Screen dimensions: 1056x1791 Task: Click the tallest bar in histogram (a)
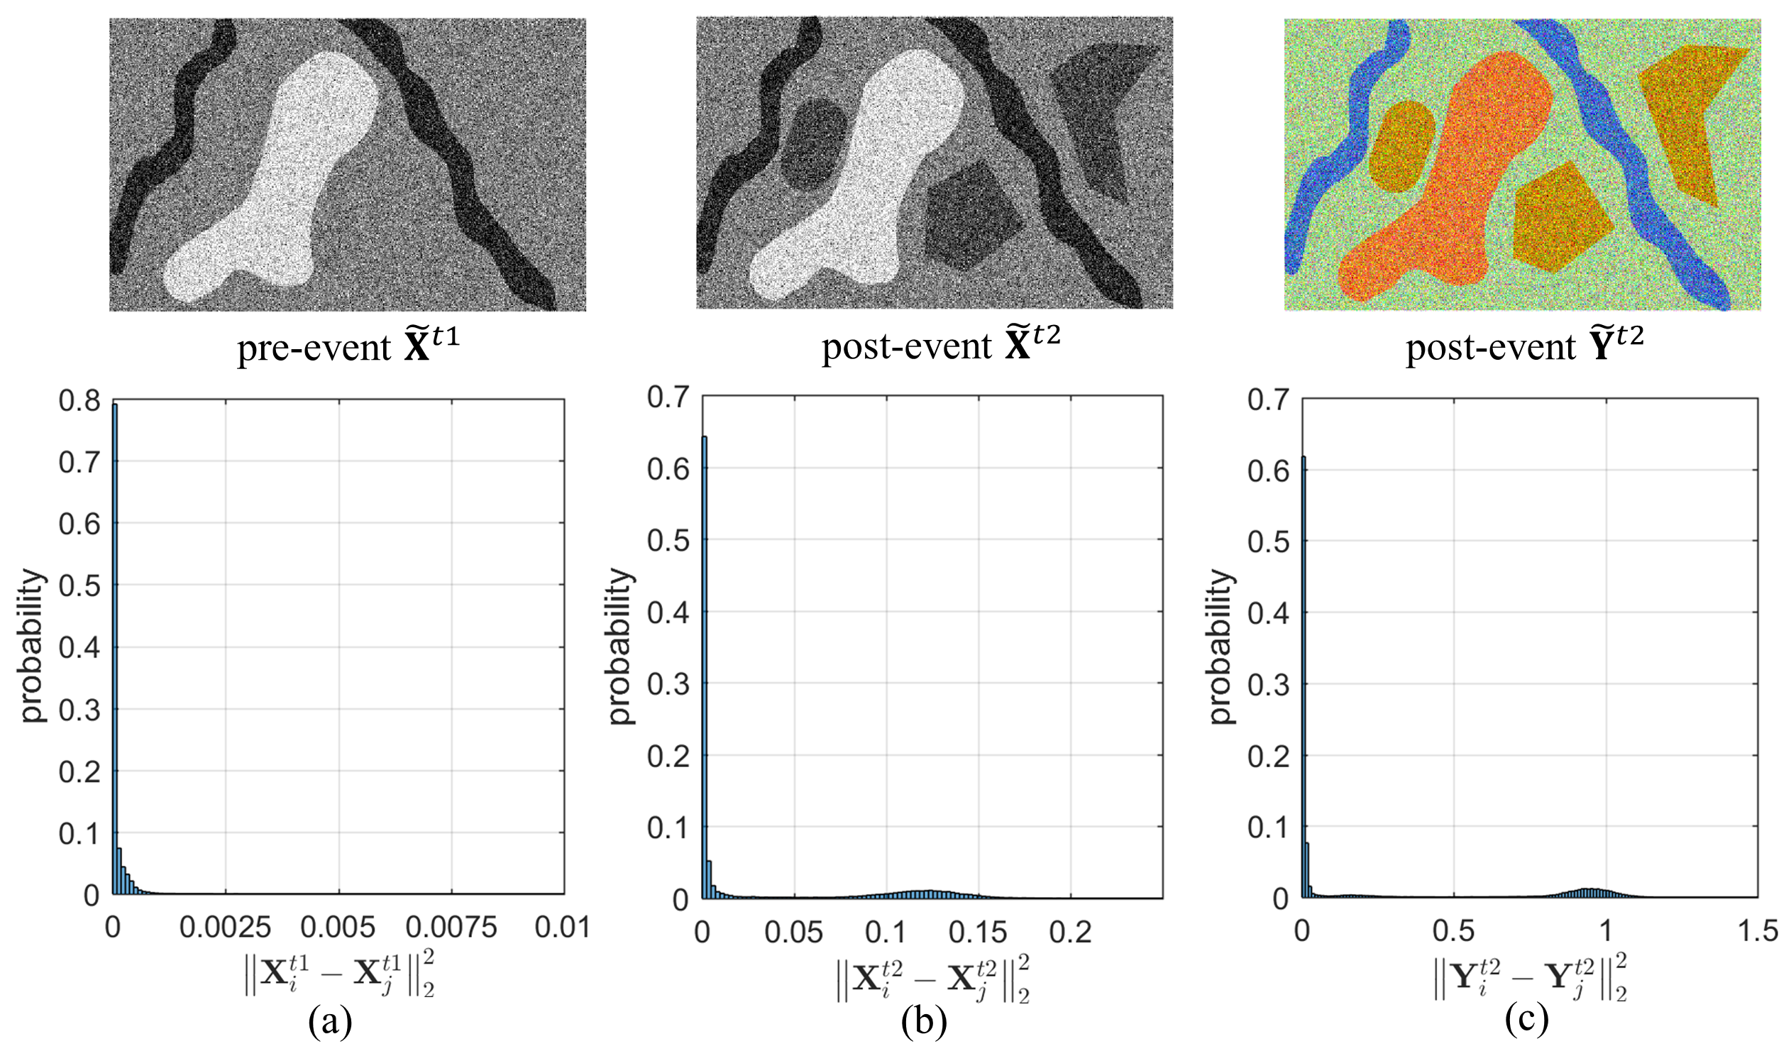[114, 647]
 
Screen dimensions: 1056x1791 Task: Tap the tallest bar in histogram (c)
[1303, 676]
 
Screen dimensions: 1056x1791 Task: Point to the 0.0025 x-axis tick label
[226, 929]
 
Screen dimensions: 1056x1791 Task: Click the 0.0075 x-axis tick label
[452, 929]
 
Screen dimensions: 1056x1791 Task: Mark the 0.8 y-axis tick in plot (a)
[78, 402]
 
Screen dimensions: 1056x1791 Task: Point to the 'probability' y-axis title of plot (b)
[622, 647]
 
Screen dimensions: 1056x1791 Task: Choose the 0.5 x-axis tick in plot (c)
[1453, 933]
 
